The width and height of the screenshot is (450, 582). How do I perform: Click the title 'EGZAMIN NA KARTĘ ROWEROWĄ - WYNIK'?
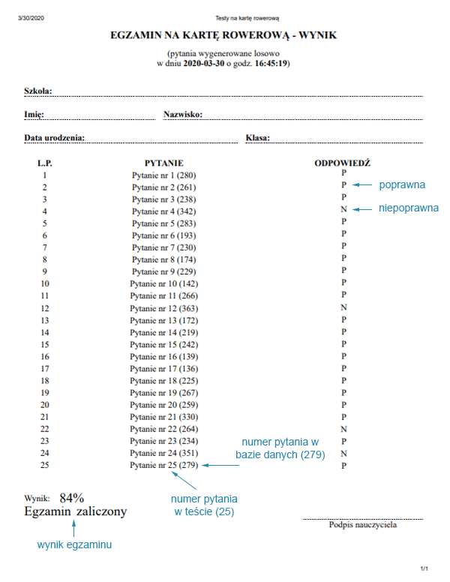[x=223, y=35]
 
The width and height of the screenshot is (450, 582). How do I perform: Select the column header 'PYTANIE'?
[x=163, y=163]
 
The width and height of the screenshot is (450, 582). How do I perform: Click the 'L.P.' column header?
[x=45, y=163]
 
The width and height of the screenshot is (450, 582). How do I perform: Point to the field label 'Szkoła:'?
[x=37, y=91]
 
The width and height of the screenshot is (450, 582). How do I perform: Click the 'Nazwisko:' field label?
[x=184, y=115]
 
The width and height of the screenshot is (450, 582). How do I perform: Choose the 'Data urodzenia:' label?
[x=54, y=139]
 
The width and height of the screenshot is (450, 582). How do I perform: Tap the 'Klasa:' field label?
[x=257, y=139]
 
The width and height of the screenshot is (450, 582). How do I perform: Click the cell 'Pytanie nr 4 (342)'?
[x=163, y=211]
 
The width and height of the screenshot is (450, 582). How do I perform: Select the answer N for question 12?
[x=343, y=307]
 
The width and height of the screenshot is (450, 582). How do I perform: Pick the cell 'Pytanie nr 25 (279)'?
[x=163, y=465]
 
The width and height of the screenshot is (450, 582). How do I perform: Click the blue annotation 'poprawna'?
[x=402, y=184]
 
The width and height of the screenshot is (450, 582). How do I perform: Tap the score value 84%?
[x=72, y=497]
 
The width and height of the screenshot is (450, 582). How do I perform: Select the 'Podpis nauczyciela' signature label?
[x=363, y=525]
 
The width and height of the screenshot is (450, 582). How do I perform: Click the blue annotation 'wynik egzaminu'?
[x=74, y=545]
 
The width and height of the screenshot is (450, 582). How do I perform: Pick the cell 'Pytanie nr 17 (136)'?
[x=163, y=368]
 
